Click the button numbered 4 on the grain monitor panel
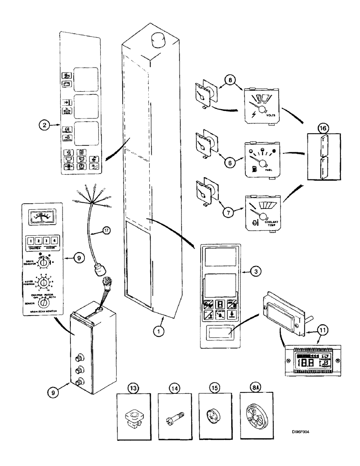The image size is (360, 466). point(55,241)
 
